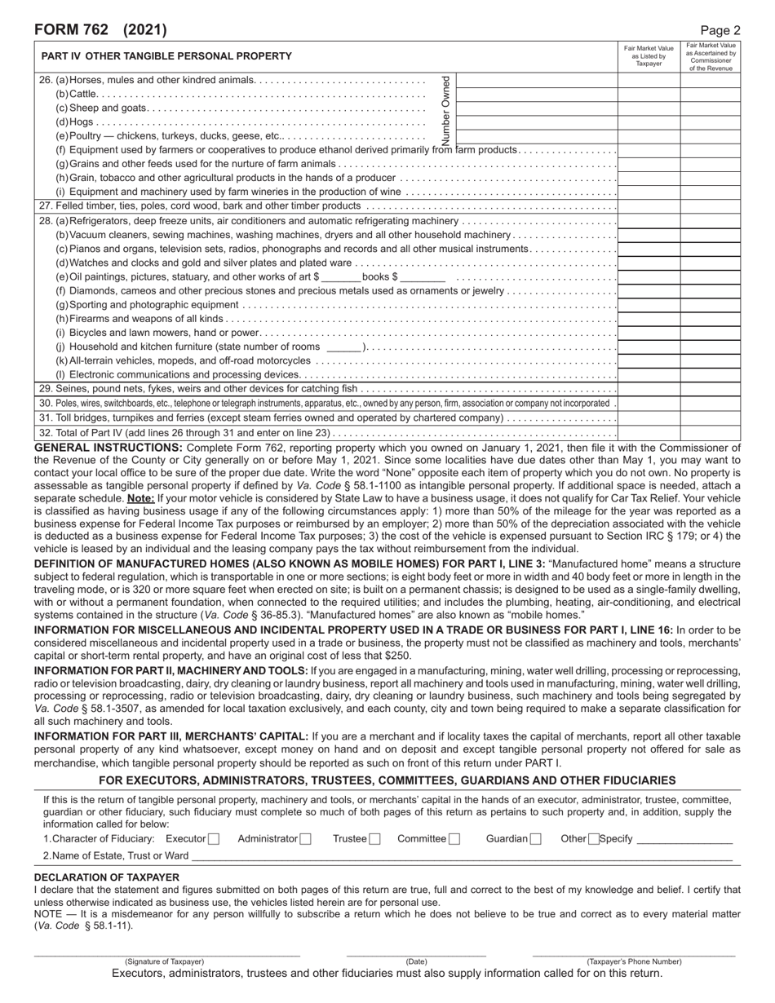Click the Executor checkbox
pos(214,839)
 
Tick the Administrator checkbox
pos(305,839)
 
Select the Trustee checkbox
pos(374,839)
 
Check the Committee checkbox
pos(454,839)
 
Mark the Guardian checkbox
pos(536,839)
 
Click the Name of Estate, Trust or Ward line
pos(461,855)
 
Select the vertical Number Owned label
pos(445,109)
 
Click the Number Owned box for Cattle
pos(536,94)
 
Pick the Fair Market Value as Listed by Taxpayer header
pos(649,56)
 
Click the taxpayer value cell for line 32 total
pos(649,433)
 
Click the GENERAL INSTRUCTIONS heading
pos(108,448)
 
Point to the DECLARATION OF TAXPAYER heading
pos(107,877)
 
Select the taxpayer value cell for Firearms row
pos(649,318)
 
